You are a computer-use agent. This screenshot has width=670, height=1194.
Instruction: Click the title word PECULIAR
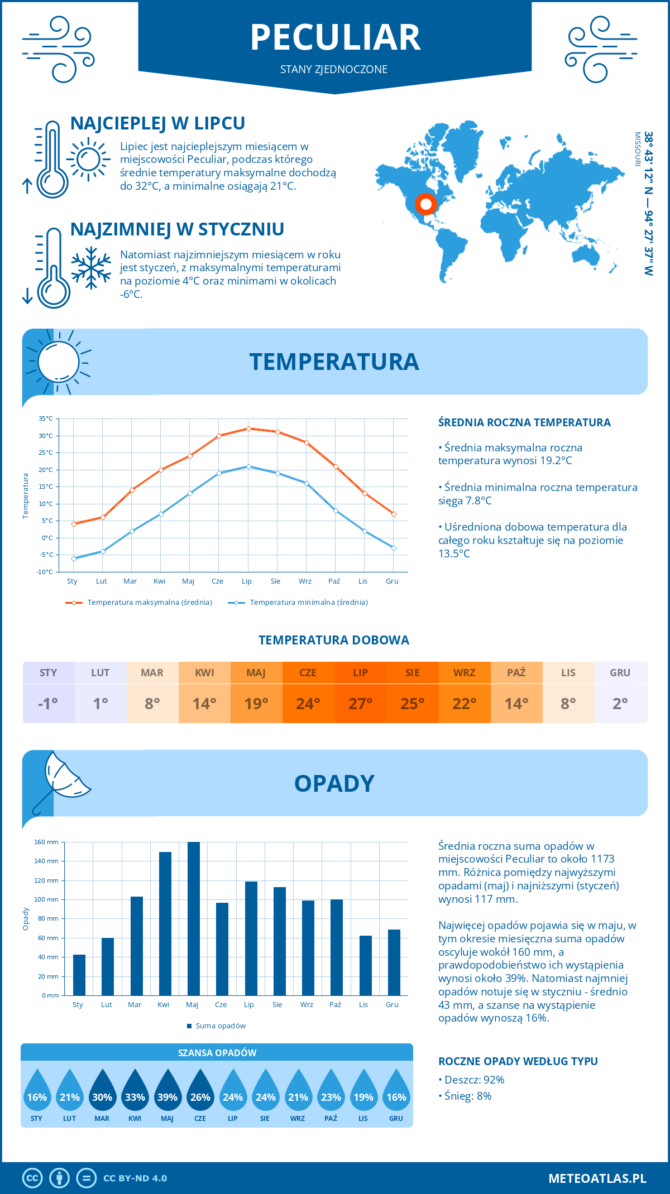coord(335,38)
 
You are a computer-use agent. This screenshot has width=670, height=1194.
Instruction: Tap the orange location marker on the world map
coord(425,204)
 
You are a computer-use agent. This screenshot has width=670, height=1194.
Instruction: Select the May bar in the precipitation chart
coord(193,918)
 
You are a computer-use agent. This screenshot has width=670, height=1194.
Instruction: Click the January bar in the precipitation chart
coord(79,975)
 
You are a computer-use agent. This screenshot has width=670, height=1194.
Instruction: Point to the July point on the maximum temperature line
coord(248,429)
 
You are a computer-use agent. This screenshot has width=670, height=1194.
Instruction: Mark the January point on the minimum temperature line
coord(74,559)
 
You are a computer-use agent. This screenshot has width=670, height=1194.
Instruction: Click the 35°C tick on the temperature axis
coord(46,418)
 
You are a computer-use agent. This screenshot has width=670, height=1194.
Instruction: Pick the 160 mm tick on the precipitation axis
coord(47,842)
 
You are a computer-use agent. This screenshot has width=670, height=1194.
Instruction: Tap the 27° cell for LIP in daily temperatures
coord(361,703)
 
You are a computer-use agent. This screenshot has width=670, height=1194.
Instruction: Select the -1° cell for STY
coord(49,703)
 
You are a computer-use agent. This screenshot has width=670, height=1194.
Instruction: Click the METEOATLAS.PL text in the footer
coord(597,1178)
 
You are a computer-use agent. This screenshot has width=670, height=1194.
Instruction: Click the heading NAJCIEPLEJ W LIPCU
coord(157,123)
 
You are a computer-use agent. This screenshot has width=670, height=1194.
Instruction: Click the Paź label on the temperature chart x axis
coord(334,581)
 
